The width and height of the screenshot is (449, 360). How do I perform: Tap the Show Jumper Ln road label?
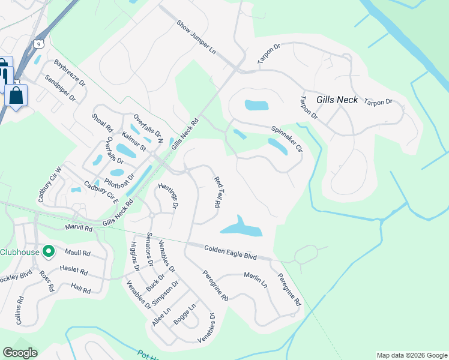pyautogui.click(x=196, y=37)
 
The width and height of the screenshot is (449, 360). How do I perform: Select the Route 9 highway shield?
pyautogui.click(x=39, y=43)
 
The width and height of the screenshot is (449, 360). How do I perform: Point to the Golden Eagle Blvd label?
pyautogui.click(x=230, y=252)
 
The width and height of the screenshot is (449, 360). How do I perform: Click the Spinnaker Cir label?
pyautogui.click(x=286, y=137)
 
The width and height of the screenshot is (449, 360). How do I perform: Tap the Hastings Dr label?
pyautogui.click(x=168, y=196)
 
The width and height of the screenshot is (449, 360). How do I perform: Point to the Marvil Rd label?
pyautogui.click(x=79, y=228)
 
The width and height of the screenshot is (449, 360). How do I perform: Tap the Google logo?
pyautogui.click(x=20, y=353)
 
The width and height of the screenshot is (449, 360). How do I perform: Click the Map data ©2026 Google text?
pyautogui.click(x=411, y=355)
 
